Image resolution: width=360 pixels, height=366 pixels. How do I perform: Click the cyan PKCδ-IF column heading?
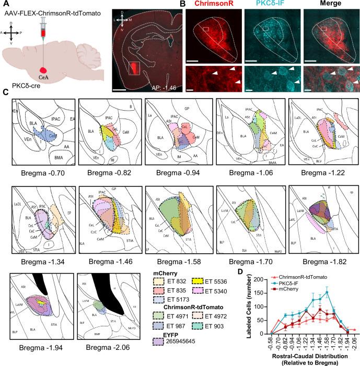coord(264,5)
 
